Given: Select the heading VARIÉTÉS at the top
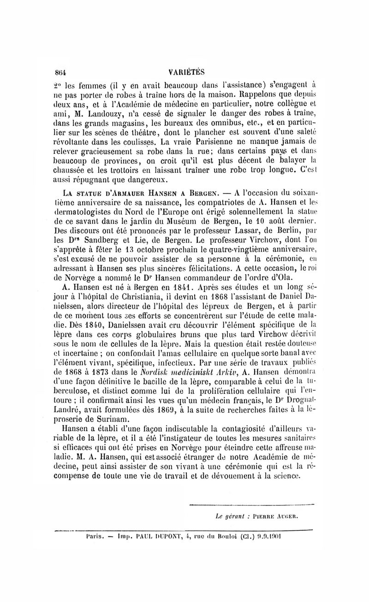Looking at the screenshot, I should pyautogui.click(x=186, y=72).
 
